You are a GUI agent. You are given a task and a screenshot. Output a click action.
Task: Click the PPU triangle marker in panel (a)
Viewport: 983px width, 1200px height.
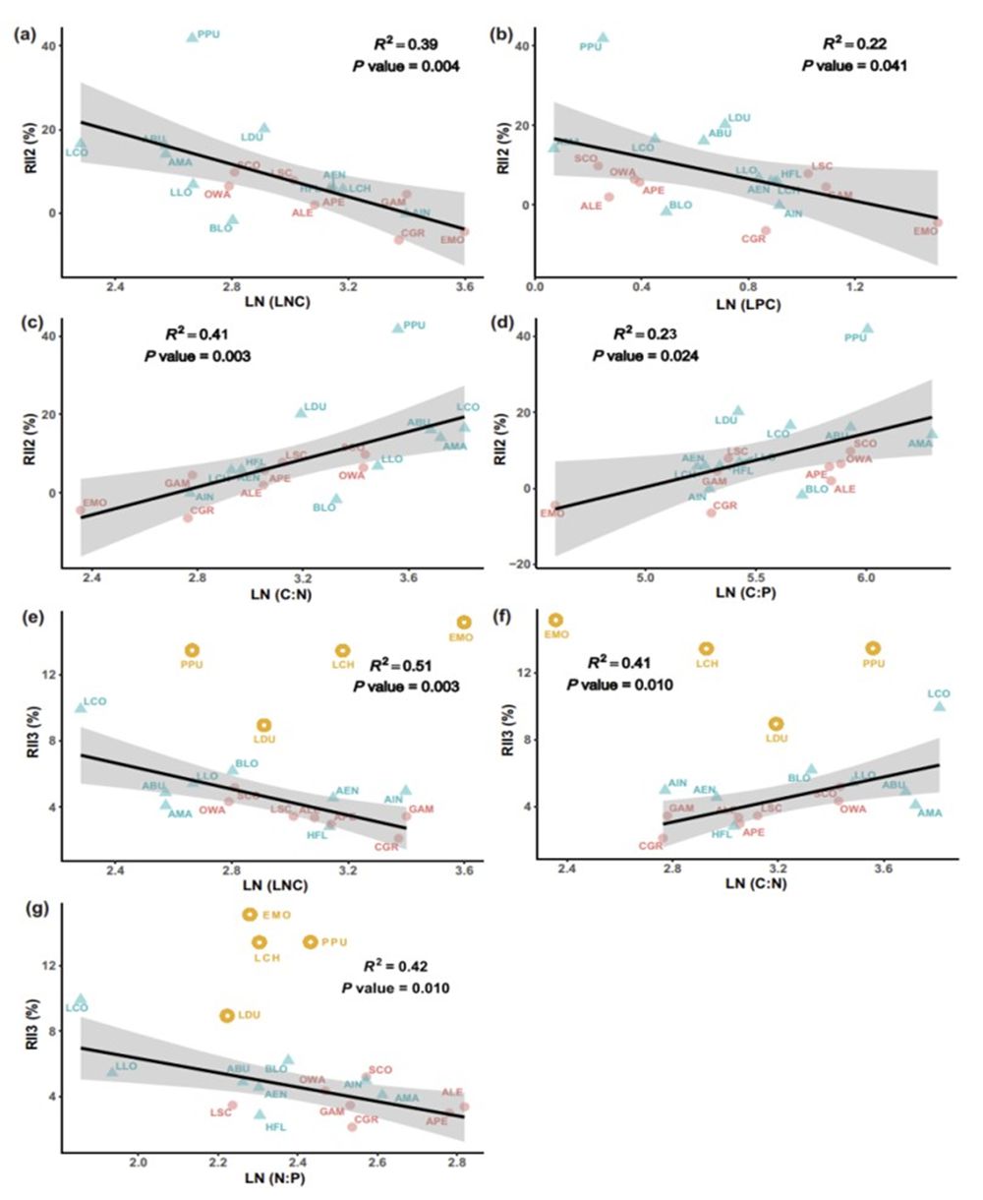tap(193, 36)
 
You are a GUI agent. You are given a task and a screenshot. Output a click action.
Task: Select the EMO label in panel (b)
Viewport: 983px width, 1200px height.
tap(926, 231)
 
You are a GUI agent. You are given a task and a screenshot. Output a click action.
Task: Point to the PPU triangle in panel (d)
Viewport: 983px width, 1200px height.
tap(867, 329)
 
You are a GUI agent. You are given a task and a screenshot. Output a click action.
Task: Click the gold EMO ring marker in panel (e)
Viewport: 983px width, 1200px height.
tap(464, 622)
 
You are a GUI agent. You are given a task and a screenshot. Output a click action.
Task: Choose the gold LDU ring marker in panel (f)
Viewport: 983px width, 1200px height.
tap(777, 723)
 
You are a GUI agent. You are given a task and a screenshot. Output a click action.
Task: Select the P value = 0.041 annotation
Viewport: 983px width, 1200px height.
tap(854, 67)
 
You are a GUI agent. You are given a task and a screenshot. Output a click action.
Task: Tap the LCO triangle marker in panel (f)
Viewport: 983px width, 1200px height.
tap(939, 705)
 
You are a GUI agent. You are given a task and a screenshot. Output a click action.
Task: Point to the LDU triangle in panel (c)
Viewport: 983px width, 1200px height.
tap(301, 411)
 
